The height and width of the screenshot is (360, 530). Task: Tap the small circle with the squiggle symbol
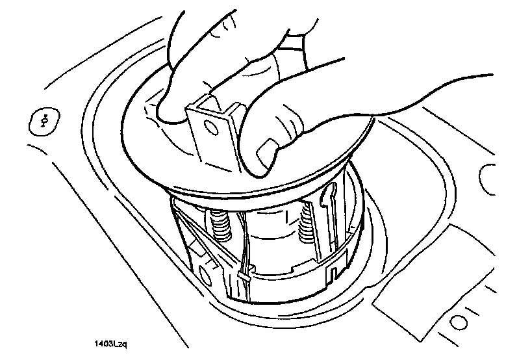[x=45, y=121]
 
